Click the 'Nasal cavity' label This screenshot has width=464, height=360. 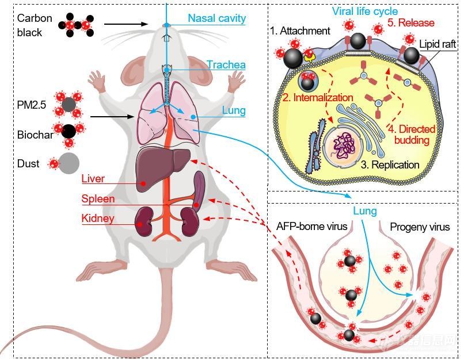tap(216, 18)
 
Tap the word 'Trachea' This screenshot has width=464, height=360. tap(226, 64)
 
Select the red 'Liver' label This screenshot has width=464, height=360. tap(93, 178)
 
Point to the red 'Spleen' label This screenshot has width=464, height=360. tap(98, 198)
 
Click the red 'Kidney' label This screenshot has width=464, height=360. tap(98, 219)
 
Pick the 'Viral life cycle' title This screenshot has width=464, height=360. tap(365, 12)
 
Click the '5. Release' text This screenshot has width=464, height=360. tap(411, 23)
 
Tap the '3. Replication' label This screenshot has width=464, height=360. tap(390, 164)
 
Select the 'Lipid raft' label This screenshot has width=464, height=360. tap(438, 44)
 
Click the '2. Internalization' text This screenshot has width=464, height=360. tap(318, 97)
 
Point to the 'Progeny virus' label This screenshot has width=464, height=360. tap(420, 227)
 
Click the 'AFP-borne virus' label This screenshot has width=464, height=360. tap(311, 227)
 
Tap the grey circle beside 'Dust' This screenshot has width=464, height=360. tap(69, 163)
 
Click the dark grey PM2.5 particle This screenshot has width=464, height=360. tap(69, 105)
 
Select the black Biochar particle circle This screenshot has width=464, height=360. tap(69, 131)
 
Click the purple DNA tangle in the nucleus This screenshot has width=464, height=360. tap(344, 145)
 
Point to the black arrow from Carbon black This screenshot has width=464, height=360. tap(126, 24)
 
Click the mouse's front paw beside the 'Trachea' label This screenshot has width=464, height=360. tap(237, 80)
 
